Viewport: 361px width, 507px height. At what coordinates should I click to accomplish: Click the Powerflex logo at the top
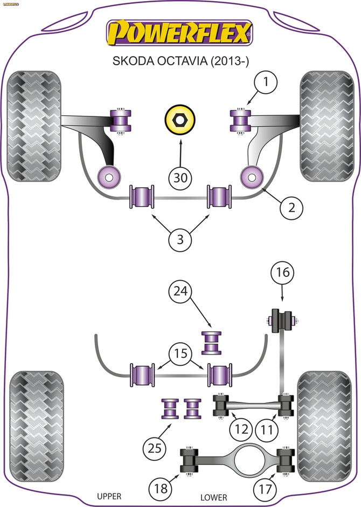180,33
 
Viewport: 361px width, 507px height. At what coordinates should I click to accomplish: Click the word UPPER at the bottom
109,496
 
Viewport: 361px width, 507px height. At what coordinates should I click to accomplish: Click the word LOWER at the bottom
213,497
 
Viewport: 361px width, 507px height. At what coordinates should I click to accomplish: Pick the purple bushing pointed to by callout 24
213,343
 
